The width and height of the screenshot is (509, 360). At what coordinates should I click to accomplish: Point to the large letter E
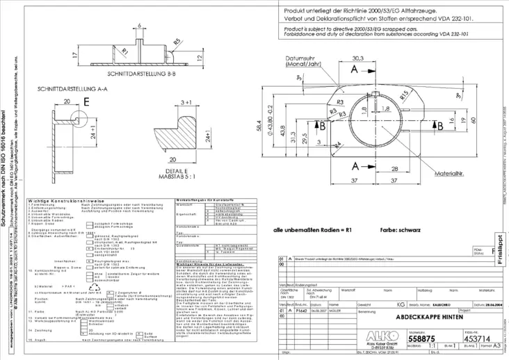point(86,102)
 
